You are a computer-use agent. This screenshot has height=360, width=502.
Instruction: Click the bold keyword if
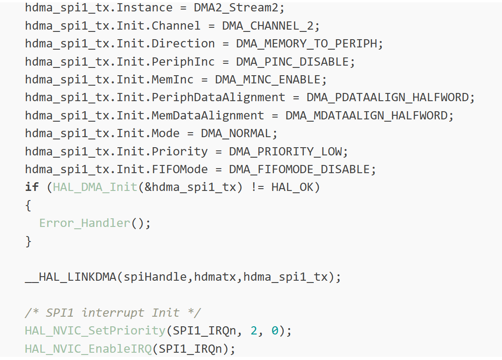[x=32, y=187]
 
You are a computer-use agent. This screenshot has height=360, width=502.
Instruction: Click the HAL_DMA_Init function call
[x=95, y=187]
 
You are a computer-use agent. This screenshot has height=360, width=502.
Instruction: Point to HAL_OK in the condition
[x=292, y=187]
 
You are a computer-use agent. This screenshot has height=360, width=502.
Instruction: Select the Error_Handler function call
[x=85, y=223]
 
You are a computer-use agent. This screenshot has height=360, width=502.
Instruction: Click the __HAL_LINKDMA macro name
[x=71, y=277]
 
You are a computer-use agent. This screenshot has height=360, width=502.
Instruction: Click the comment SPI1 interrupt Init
[x=113, y=313]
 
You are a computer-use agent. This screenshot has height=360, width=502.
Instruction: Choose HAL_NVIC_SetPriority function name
[x=95, y=331]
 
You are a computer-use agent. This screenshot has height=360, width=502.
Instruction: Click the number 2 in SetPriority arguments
[x=254, y=331]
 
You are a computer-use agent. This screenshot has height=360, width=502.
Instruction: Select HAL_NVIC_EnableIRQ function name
[x=88, y=349]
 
